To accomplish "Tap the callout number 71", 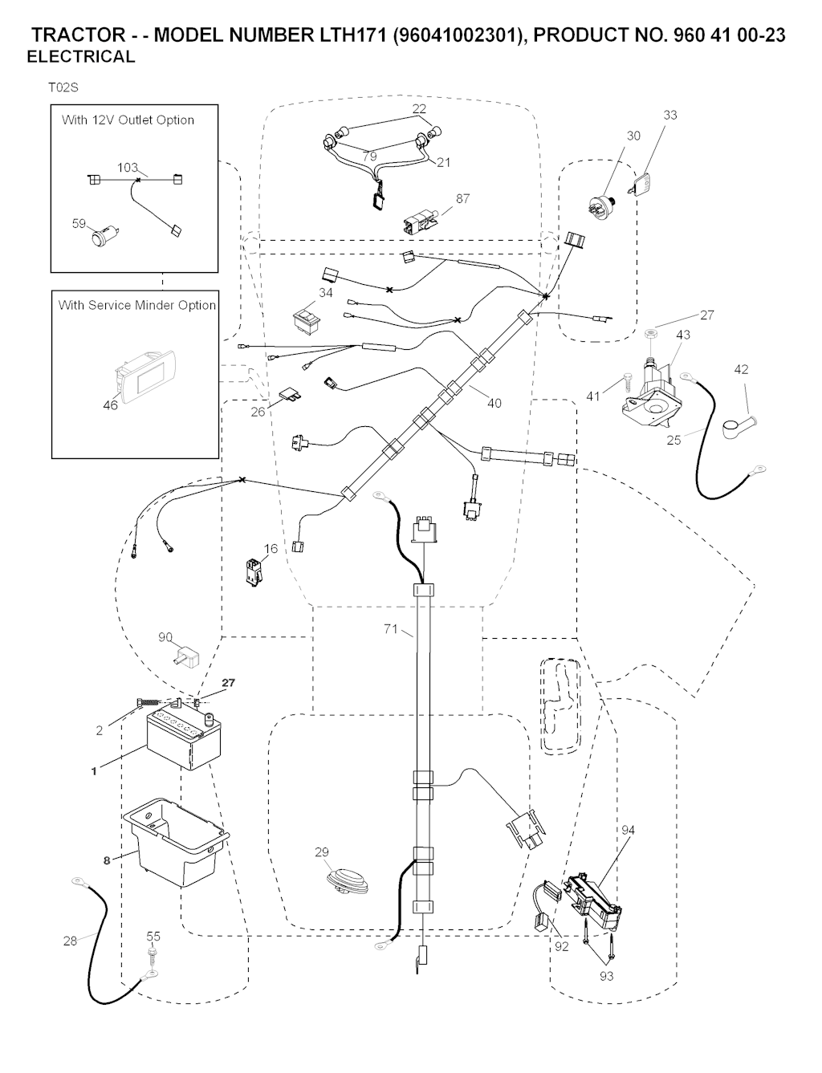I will click(391, 630).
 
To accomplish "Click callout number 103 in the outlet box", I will click(128, 168).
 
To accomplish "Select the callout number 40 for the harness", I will click(494, 403).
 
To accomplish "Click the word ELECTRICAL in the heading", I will click(81, 57).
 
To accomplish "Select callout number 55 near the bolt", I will click(153, 937).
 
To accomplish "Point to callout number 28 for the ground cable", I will click(71, 941).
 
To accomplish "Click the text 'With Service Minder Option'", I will click(137, 305).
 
